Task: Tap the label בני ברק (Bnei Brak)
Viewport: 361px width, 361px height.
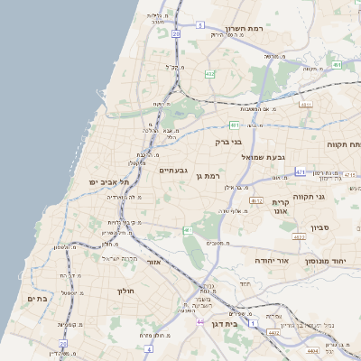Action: (229, 142)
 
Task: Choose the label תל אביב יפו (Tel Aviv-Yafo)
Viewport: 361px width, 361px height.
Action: (109, 182)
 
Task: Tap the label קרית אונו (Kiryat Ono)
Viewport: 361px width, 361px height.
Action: (280, 207)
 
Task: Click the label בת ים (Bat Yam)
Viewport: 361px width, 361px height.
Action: (36, 299)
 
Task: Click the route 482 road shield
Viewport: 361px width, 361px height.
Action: (209, 74)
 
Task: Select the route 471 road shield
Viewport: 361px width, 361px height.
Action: (300, 171)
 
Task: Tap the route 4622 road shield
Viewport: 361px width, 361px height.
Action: (298, 237)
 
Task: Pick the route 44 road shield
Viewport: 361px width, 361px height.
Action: (199, 320)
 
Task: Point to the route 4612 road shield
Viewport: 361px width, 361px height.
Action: (257, 201)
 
